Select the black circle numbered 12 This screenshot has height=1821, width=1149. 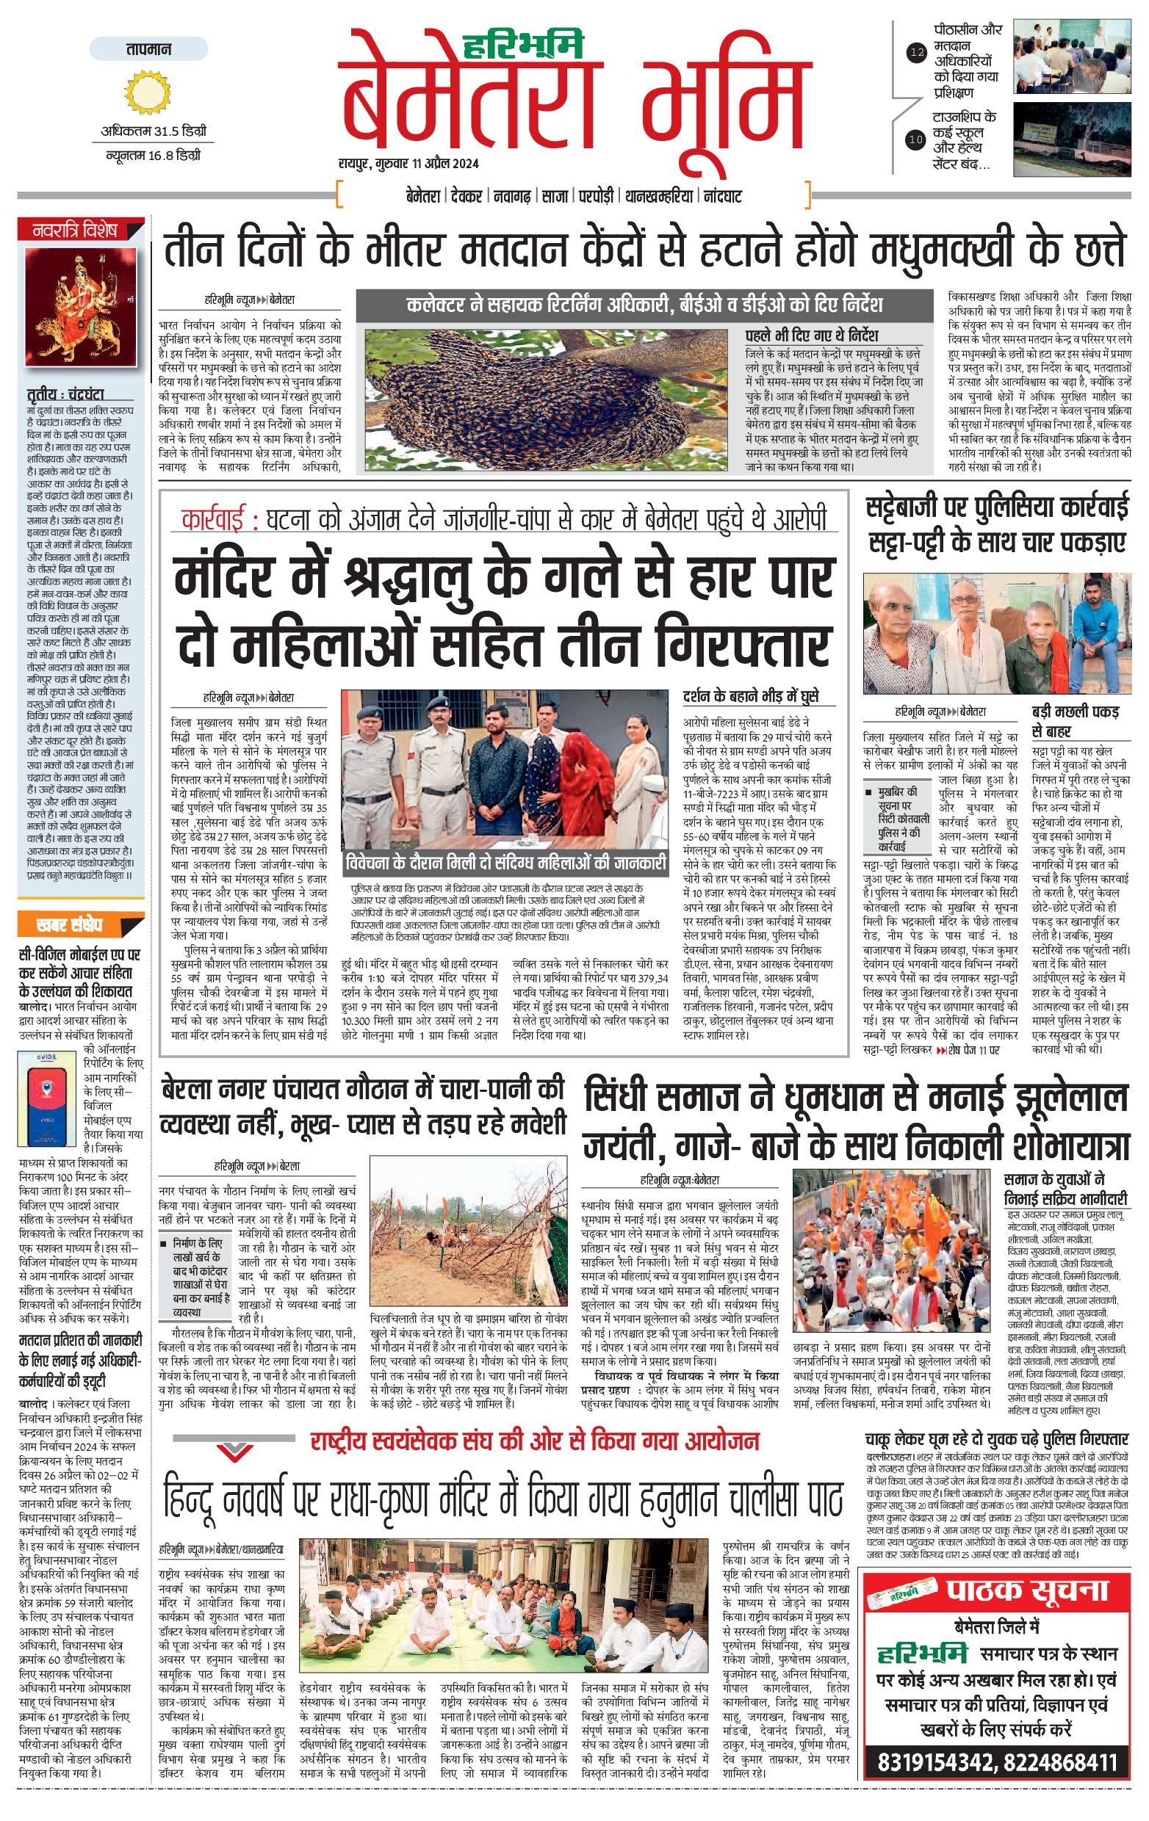point(917,53)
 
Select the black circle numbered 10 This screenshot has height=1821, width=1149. point(916,140)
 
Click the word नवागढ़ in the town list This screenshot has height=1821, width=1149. point(512,197)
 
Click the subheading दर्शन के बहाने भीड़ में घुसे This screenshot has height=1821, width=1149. point(750,696)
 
